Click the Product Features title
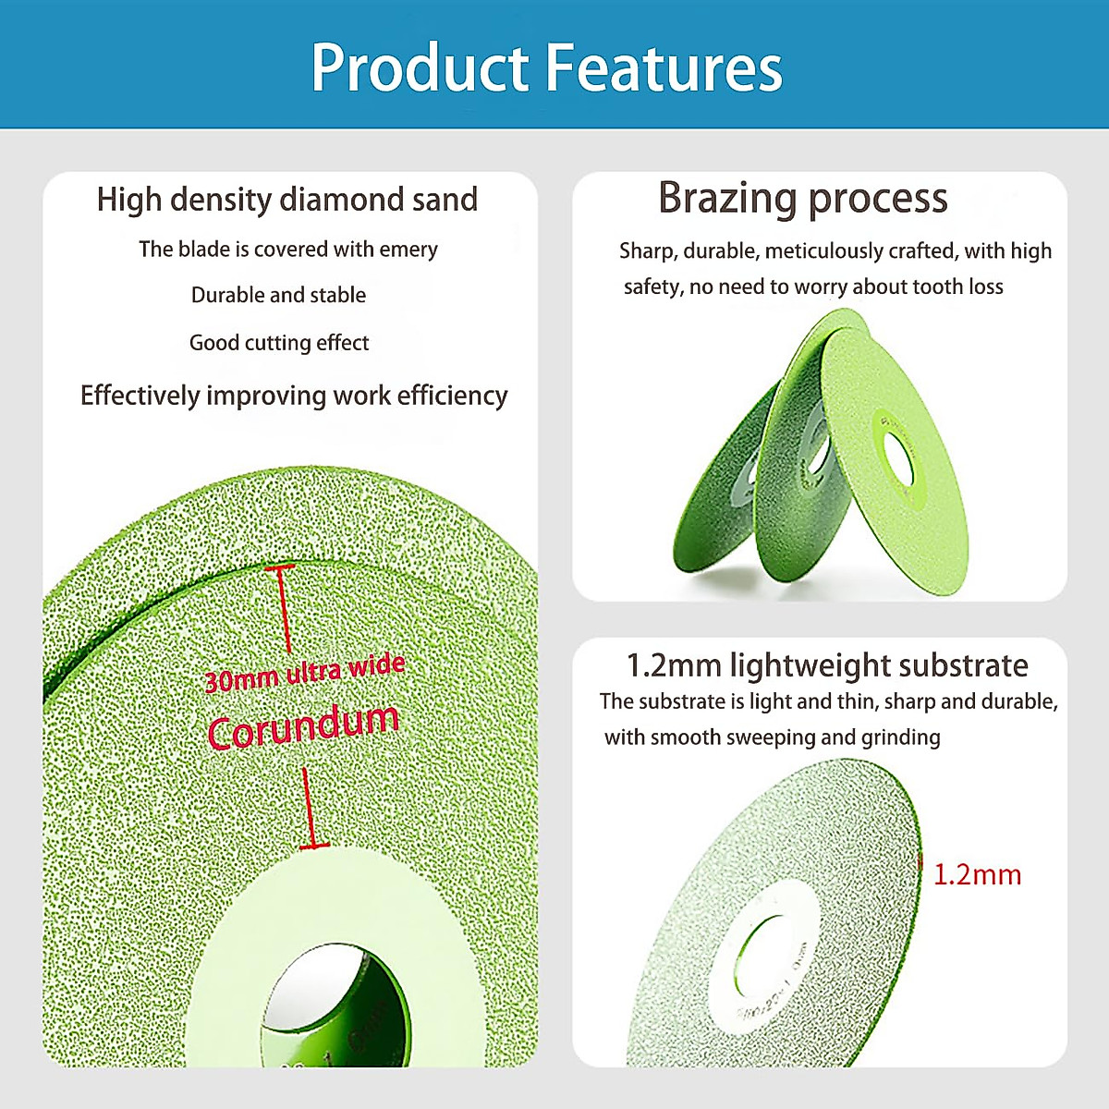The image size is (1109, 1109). tap(546, 68)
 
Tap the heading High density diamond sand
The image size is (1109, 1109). tap(287, 200)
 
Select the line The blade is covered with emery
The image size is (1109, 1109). tap(288, 250)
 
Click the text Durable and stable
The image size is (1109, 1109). tap(278, 296)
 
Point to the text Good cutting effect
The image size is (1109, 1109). tap(279, 343)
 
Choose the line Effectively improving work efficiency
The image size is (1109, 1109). tap(294, 396)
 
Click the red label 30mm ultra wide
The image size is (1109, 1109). tap(304, 673)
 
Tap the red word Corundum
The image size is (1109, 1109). tap(303, 725)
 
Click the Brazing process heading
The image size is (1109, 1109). tap(802, 198)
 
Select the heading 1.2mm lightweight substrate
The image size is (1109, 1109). tap(827, 665)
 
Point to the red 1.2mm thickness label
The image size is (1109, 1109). tap(977, 875)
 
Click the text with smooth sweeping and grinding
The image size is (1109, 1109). tap(773, 737)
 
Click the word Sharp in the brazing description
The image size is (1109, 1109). tap(645, 251)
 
